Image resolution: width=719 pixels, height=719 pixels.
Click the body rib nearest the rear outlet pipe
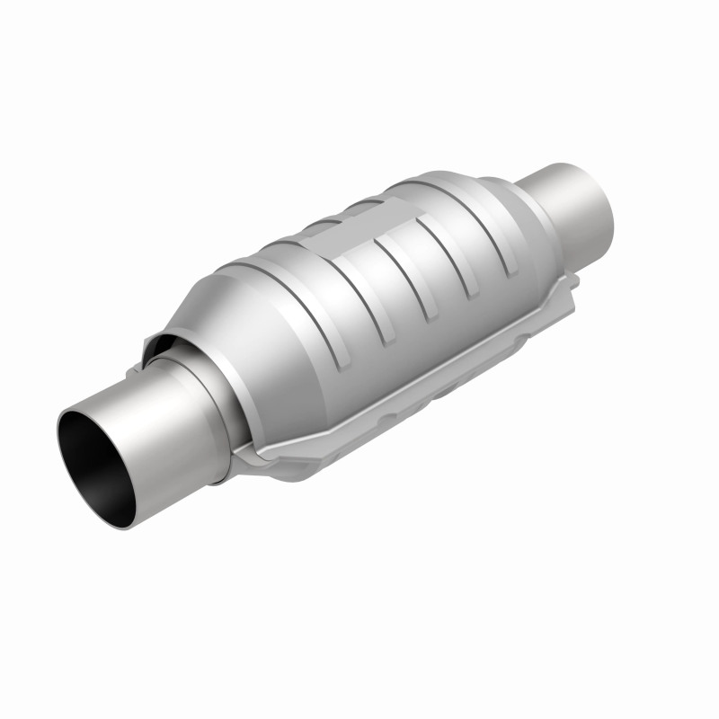pyautogui.click(x=490, y=234)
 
